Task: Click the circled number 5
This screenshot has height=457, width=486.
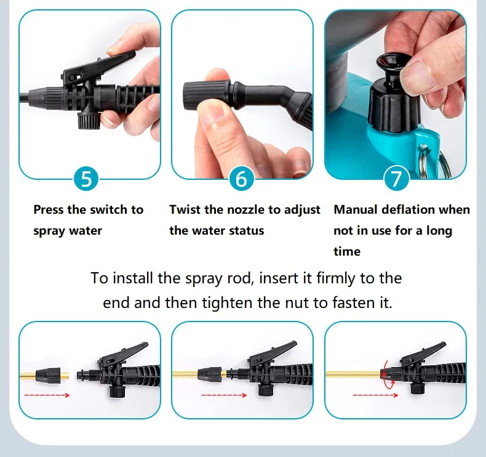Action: click(86, 179)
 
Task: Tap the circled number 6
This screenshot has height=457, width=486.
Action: click(242, 179)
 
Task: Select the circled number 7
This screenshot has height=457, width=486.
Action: click(396, 179)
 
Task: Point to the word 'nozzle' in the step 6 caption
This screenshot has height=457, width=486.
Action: click(247, 210)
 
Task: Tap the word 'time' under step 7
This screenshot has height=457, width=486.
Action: click(347, 251)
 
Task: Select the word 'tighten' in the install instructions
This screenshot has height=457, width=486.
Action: click(227, 303)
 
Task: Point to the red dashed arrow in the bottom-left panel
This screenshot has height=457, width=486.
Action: click(47, 395)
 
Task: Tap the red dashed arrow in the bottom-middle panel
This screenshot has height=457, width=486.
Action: click(224, 395)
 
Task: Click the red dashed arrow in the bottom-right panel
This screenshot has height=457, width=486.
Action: click(375, 395)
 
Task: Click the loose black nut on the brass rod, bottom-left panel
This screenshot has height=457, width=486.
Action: click(48, 376)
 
